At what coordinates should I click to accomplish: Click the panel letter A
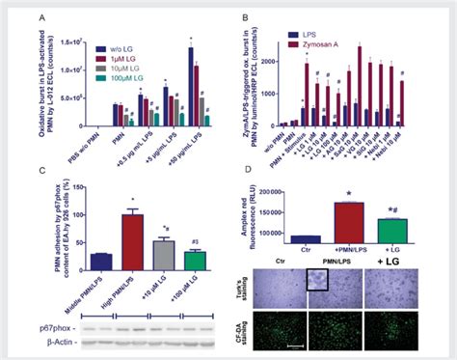pos(43,17)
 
